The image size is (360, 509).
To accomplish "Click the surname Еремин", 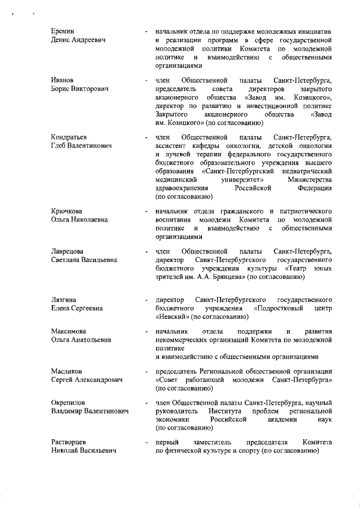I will coord(62,30).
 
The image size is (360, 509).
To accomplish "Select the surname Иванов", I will coord(62,80).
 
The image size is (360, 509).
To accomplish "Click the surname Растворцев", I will coord(69,443).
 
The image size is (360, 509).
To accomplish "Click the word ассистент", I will coord(172,146).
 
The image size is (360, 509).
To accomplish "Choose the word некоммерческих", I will coord(183,340).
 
